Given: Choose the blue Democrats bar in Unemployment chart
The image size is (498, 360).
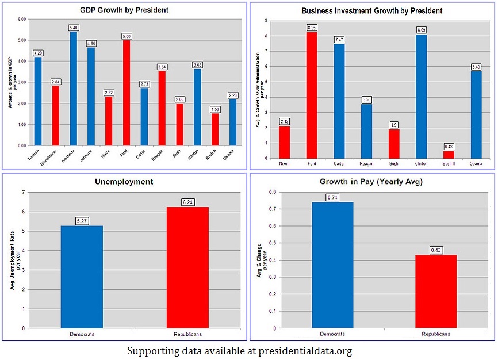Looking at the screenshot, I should pos(82,277).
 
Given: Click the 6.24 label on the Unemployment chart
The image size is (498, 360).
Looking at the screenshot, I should pos(187,202).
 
